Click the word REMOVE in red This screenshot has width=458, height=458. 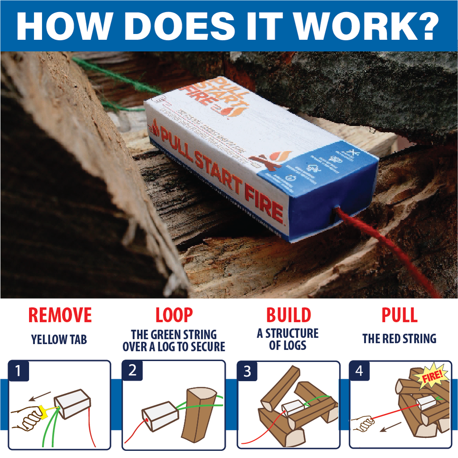[59, 315]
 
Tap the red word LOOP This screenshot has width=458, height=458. [174, 315]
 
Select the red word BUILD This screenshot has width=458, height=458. [288, 315]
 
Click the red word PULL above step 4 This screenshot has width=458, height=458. [399, 315]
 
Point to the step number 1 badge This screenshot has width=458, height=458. [18, 371]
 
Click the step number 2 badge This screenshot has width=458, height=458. [132, 371]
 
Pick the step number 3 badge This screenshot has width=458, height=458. [246, 371]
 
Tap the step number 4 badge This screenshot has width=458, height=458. [359, 371]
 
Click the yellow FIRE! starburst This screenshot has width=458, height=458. [432, 376]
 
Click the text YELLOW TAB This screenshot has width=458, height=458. [59, 339]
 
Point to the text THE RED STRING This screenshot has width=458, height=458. [399, 339]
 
